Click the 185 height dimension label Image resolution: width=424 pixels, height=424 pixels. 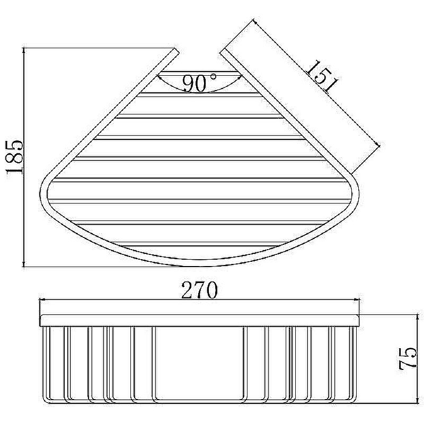click(14, 156)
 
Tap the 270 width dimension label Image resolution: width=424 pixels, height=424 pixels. click(200, 290)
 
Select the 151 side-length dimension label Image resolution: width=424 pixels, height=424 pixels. click(322, 76)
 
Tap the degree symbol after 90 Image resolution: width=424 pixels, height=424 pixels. click(214, 76)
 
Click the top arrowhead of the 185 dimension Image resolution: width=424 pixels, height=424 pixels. click(24, 50)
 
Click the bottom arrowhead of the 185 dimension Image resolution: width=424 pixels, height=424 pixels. click(24, 264)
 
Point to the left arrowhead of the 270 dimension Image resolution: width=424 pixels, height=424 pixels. click(43, 299)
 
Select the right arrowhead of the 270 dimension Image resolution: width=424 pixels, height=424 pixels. click(357, 299)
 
